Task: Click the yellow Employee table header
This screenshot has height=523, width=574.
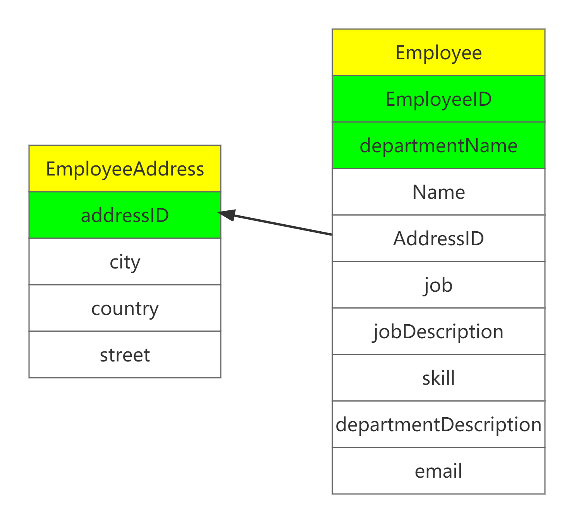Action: [438, 52]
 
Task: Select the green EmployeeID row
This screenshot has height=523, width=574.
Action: [438, 99]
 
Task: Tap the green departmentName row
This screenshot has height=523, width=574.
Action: [438, 145]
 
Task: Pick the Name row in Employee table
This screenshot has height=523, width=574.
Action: [438, 192]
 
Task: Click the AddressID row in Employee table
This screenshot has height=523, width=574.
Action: [438, 238]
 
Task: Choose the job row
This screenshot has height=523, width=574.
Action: [438, 285]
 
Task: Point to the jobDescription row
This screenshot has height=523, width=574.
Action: [438, 331]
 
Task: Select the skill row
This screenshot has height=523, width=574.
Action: [438, 378]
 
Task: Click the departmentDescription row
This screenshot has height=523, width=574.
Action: [438, 424]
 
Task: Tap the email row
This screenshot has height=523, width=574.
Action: [438, 471]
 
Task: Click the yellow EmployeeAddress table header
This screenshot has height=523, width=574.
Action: [125, 169]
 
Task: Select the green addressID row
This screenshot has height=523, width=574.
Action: [125, 215]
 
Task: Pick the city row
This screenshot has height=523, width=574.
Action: [125, 261]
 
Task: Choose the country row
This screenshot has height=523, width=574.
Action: [125, 308]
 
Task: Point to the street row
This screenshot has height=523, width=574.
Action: [125, 354]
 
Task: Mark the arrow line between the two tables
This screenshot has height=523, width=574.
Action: [283, 225]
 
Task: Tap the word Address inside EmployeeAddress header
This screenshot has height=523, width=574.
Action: [169, 169]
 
